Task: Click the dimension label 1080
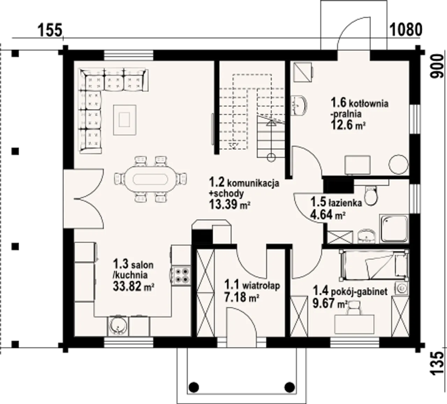point(405,30)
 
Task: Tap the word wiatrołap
point(261,285)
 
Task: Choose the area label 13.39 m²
point(229,204)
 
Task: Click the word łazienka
point(345,203)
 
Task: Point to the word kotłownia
point(368,104)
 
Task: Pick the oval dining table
point(151,179)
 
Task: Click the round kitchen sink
point(118,326)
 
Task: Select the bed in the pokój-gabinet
point(374,265)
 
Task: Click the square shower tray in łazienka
point(394,229)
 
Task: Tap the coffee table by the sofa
point(125,120)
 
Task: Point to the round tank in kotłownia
point(398,164)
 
